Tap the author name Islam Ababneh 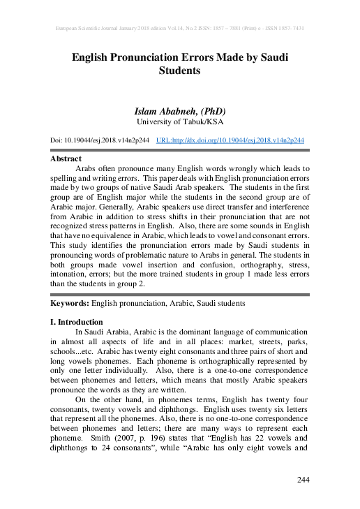coord(163,110)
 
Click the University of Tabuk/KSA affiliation coord(179,121)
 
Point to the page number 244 coord(303,479)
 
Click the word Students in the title coord(179,71)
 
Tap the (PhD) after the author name coord(210,110)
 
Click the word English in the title coord(93,56)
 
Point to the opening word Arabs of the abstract coord(87,168)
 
